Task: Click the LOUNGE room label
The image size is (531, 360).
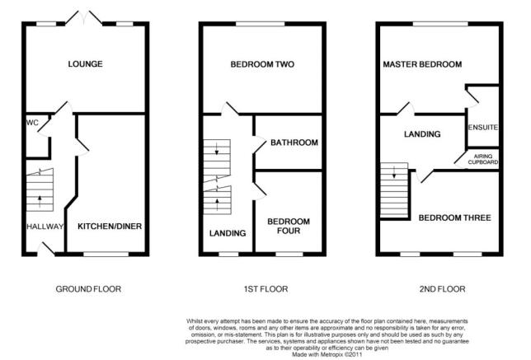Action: (86, 64)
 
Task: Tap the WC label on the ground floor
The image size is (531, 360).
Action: (32, 123)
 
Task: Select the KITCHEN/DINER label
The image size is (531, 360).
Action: (110, 227)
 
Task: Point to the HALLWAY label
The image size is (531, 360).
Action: (45, 227)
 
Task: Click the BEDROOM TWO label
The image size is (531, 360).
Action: (262, 64)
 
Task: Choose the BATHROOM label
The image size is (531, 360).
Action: (294, 143)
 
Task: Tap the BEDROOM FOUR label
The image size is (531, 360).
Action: (289, 226)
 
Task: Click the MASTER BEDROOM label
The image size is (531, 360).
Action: (422, 64)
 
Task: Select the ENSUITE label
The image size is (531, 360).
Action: (483, 127)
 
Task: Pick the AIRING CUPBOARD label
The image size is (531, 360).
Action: (483, 159)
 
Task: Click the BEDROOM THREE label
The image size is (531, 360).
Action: (455, 217)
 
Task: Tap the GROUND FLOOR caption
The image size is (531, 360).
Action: (88, 289)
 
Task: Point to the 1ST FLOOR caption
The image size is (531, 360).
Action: (265, 289)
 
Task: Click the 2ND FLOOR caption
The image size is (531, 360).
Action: (442, 289)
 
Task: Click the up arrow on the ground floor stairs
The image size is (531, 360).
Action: (40, 201)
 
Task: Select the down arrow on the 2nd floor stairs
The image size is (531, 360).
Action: (394, 172)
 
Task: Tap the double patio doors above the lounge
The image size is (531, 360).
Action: (83, 18)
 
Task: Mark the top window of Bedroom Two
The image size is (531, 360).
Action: (260, 24)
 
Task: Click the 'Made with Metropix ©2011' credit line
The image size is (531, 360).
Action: (327, 354)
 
